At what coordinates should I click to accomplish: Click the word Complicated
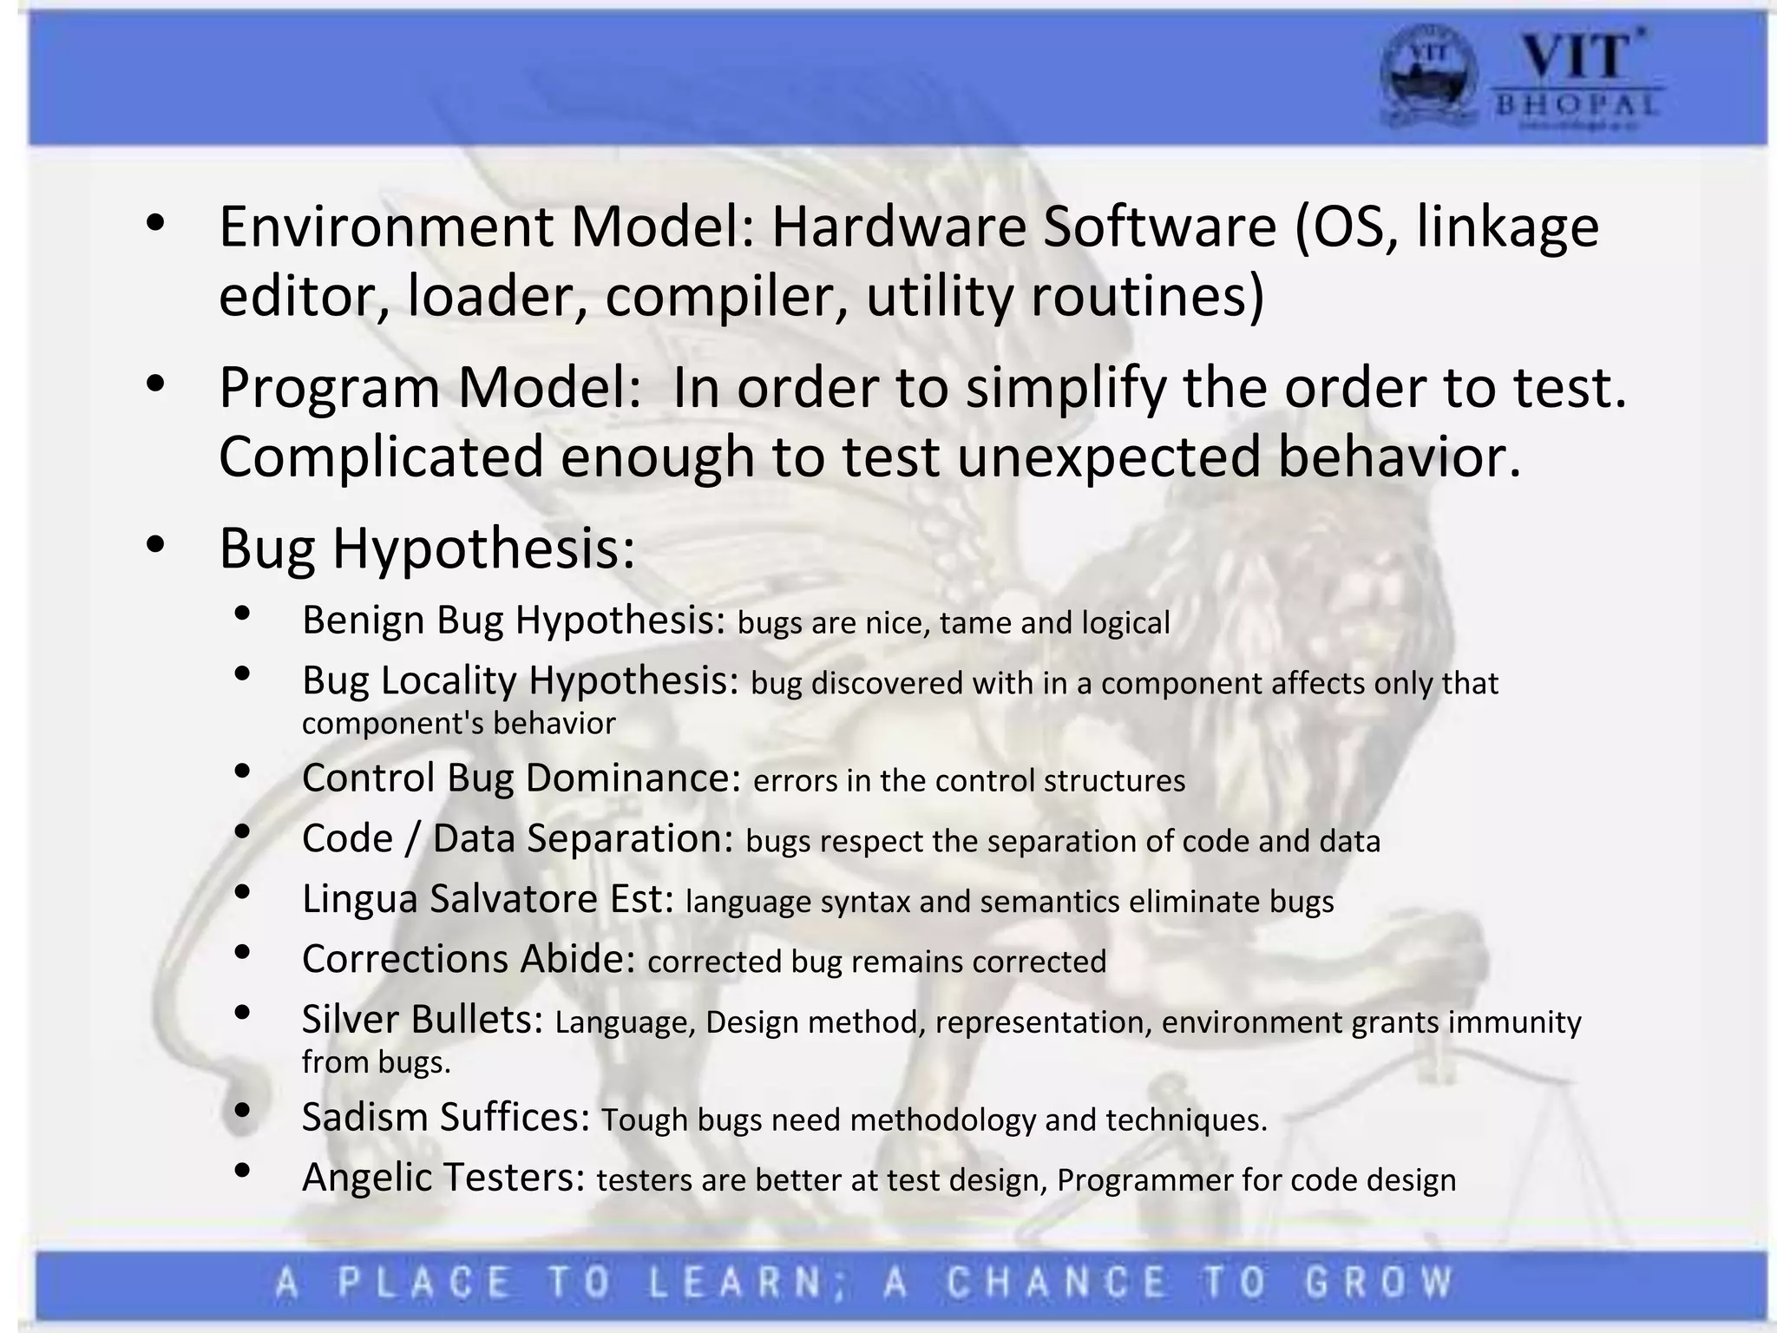click(x=381, y=457)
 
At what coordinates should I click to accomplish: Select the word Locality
click(x=449, y=680)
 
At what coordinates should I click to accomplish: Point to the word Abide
click(x=578, y=959)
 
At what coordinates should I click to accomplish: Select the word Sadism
click(x=364, y=1117)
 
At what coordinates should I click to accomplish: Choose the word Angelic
click(x=366, y=1178)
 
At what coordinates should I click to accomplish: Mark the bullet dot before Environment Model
click(x=155, y=222)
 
